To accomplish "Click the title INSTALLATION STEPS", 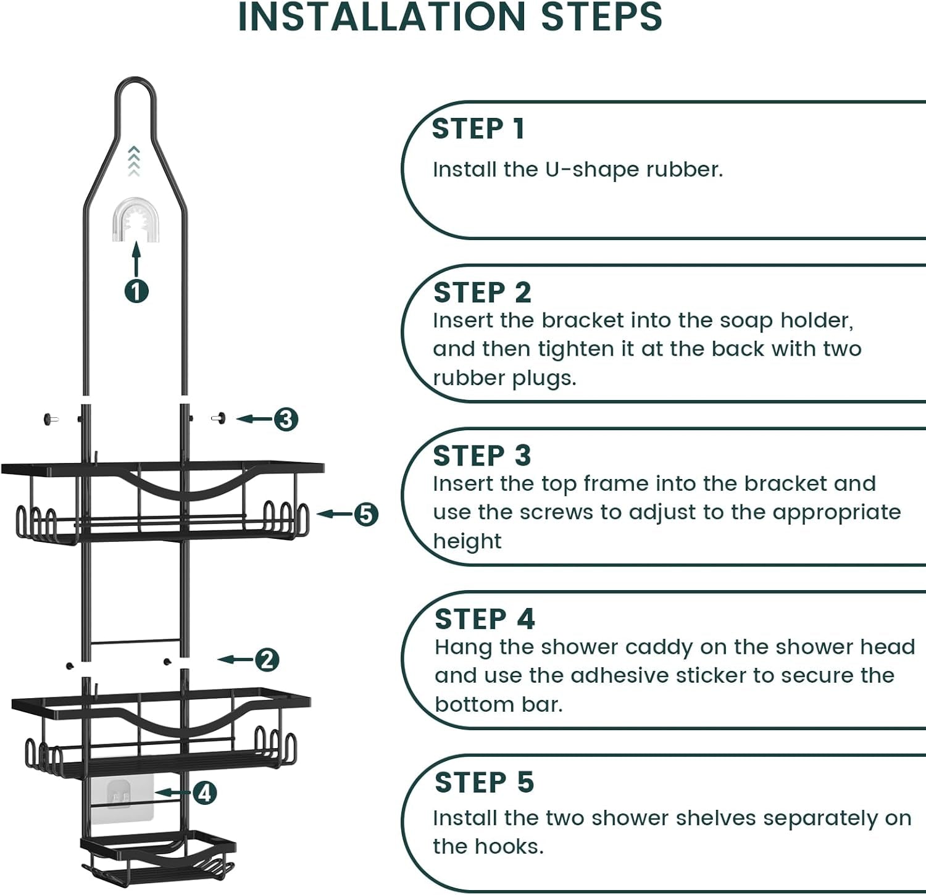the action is (x=450, y=17).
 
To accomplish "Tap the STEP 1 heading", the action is (x=478, y=129).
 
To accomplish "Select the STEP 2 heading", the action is (x=482, y=293).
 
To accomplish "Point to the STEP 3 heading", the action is (x=482, y=456).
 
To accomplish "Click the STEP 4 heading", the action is (x=485, y=619).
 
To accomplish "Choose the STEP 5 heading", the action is (x=485, y=783).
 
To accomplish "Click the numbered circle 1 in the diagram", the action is (x=136, y=291).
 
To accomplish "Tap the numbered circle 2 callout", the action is (x=267, y=660).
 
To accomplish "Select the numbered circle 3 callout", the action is (x=286, y=419).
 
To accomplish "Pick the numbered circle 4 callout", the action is (x=205, y=793).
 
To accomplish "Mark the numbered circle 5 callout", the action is (x=366, y=514).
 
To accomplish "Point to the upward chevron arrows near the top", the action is (x=134, y=161).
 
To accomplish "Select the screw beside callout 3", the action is (x=219, y=418).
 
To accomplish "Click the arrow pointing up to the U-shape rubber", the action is (x=136, y=259).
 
